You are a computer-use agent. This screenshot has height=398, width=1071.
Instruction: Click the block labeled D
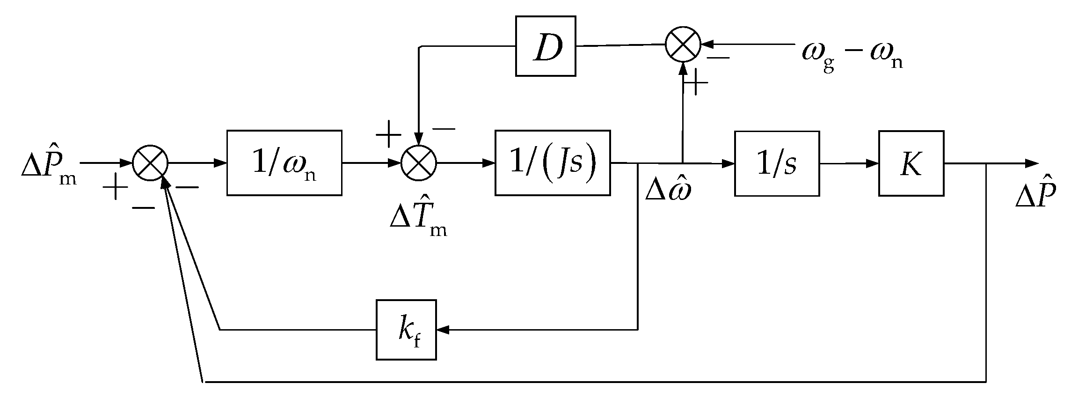click(546, 46)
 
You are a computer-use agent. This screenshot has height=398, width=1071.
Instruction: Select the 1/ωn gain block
click(284, 163)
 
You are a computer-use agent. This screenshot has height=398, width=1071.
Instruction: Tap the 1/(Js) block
click(553, 163)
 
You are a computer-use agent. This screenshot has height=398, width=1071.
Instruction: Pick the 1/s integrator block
click(777, 163)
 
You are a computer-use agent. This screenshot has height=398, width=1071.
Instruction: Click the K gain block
click(911, 163)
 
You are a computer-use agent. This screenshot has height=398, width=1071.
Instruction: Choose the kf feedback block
click(406, 330)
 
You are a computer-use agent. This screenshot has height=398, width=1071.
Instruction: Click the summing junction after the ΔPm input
click(150, 163)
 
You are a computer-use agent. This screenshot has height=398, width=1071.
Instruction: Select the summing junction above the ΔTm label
click(419, 163)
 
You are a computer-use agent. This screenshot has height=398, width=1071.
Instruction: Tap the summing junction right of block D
click(683, 44)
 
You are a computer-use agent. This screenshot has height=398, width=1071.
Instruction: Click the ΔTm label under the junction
click(418, 220)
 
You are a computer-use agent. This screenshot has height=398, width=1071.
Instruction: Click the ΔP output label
click(1035, 193)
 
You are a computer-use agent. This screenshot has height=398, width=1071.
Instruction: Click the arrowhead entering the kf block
click(443, 330)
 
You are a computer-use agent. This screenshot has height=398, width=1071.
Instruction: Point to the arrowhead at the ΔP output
click(1032, 163)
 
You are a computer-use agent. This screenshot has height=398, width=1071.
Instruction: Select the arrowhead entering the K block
click(872, 163)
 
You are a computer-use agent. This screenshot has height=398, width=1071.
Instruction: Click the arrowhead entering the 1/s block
click(728, 163)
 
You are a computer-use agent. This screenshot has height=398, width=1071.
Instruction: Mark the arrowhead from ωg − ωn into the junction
click(707, 44)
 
